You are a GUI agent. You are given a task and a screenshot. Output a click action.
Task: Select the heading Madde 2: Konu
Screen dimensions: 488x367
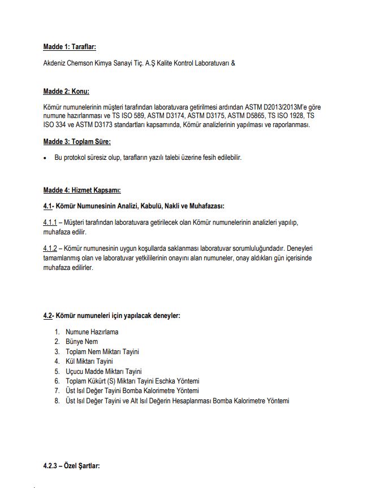pyautogui.click(x=66, y=91)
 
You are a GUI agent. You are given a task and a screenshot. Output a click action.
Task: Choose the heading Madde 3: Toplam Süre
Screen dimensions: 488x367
pyautogui.click(x=77, y=141)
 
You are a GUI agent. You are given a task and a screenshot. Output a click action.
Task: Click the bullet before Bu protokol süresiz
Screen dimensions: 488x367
pyautogui.click(x=45, y=158)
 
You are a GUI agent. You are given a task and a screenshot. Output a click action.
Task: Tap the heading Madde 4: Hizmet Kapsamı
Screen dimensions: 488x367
pyautogui.click(x=82, y=190)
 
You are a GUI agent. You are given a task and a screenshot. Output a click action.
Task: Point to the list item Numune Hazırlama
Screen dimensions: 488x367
pyautogui.click(x=92, y=332)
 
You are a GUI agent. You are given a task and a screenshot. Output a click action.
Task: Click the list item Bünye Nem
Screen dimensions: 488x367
pyautogui.click(x=82, y=342)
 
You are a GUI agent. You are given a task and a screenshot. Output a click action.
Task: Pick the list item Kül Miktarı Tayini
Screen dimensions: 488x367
pyautogui.click(x=89, y=361)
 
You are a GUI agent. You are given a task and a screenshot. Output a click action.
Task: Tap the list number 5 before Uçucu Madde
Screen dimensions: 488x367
pyautogui.click(x=57, y=372)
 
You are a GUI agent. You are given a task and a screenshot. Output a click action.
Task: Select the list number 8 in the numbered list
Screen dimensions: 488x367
pyautogui.click(x=57, y=401)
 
